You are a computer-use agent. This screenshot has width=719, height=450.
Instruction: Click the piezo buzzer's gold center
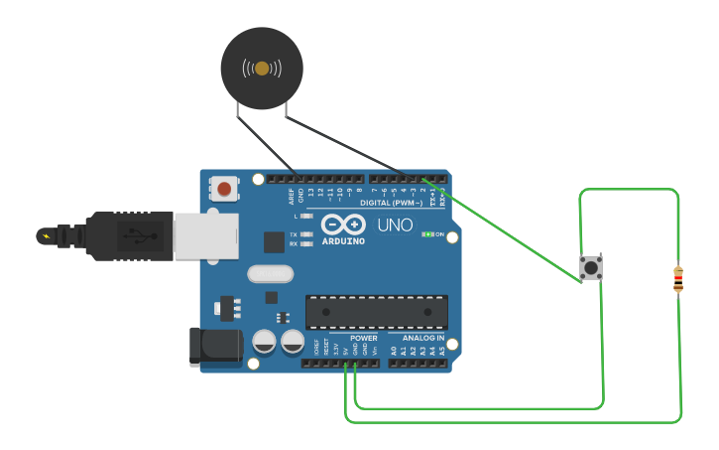[262, 69]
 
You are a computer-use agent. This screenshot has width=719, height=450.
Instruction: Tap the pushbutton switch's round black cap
[591, 267]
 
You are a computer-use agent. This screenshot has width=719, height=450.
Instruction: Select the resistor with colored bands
[678, 279]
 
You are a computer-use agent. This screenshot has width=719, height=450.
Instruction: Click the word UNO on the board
[395, 225]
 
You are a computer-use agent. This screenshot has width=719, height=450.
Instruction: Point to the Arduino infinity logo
[342, 225]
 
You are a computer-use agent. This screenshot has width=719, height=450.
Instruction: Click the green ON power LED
[426, 234]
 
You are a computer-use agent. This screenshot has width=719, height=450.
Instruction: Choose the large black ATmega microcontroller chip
[376, 312]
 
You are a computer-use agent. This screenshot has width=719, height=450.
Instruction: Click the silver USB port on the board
[205, 234]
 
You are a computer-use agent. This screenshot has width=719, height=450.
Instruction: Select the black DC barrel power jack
[215, 345]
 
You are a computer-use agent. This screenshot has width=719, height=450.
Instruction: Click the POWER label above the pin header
[364, 338]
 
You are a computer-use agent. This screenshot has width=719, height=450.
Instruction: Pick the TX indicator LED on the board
[306, 234]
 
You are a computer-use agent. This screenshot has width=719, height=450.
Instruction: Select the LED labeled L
[306, 216]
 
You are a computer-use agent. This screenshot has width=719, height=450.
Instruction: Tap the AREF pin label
[292, 193]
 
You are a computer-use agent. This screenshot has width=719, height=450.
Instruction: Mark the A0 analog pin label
[394, 351]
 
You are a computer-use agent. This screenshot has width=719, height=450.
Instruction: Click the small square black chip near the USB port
[274, 241]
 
